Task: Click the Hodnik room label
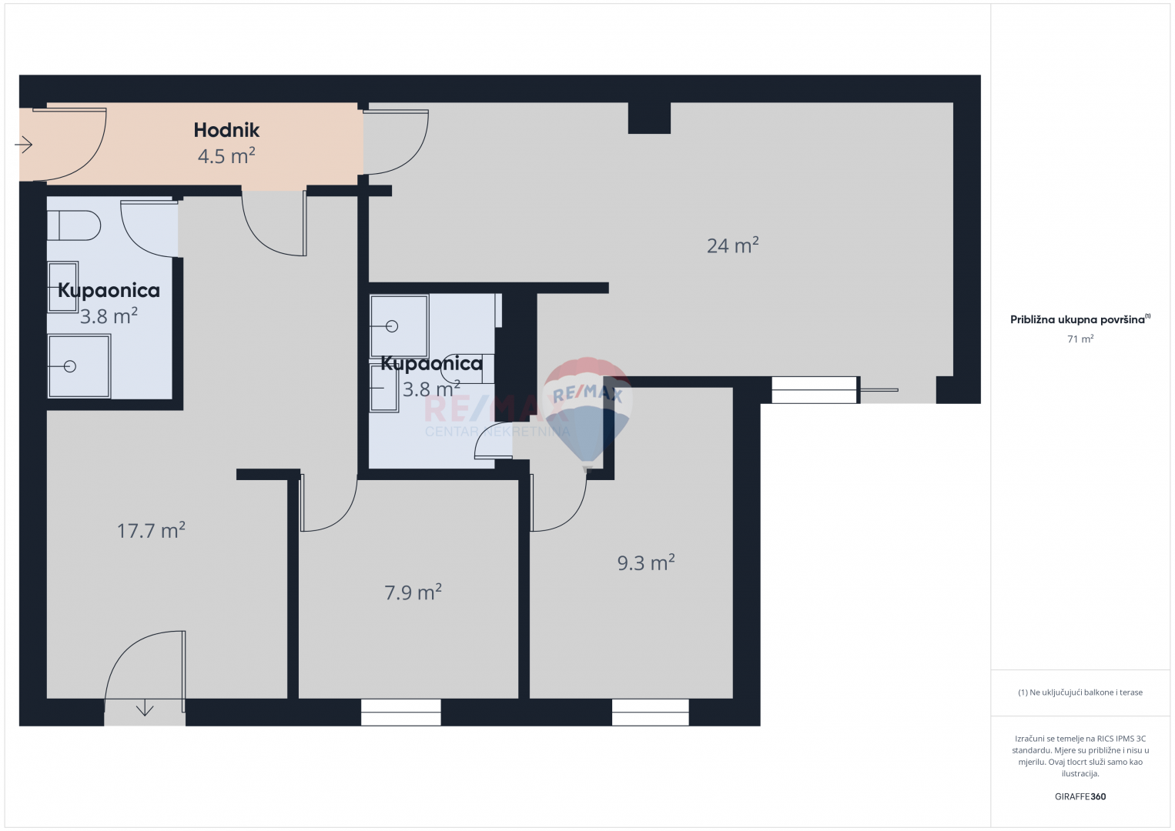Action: pyautogui.click(x=226, y=130)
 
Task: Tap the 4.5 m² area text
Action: pyautogui.click(x=226, y=156)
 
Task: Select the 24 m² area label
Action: pyautogui.click(x=732, y=245)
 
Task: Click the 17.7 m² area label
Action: pyautogui.click(x=151, y=530)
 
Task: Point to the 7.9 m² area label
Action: pyautogui.click(x=413, y=592)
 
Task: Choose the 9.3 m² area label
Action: pyautogui.click(x=645, y=562)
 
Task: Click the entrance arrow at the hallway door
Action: pyautogui.click(x=24, y=144)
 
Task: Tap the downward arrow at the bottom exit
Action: pyautogui.click(x=145, y=709)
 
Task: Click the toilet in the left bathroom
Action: pyautogui.click(x=74, y=225)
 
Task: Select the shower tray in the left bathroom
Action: pyautogui.click(x=79, y=366)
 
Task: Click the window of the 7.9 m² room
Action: pyautogui.click(x=401, y=713)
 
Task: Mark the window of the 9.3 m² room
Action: pyautogui.click(x=651, y=713)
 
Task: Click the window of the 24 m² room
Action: pyautogui.click(x=815, y=390)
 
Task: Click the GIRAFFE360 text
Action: pyautogui.click(x=1080, y=796)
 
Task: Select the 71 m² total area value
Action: pyautogui.click(x=1080, y=339)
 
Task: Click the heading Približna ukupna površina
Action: pyautogui.click(x=1077, y=319)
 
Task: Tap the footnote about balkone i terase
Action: pyautogui.click(x=1080, y=692)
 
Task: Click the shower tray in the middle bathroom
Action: pyautogui.click(x=399, y=326)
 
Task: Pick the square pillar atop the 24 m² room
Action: pyautogui.click(x=649, y=118)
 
